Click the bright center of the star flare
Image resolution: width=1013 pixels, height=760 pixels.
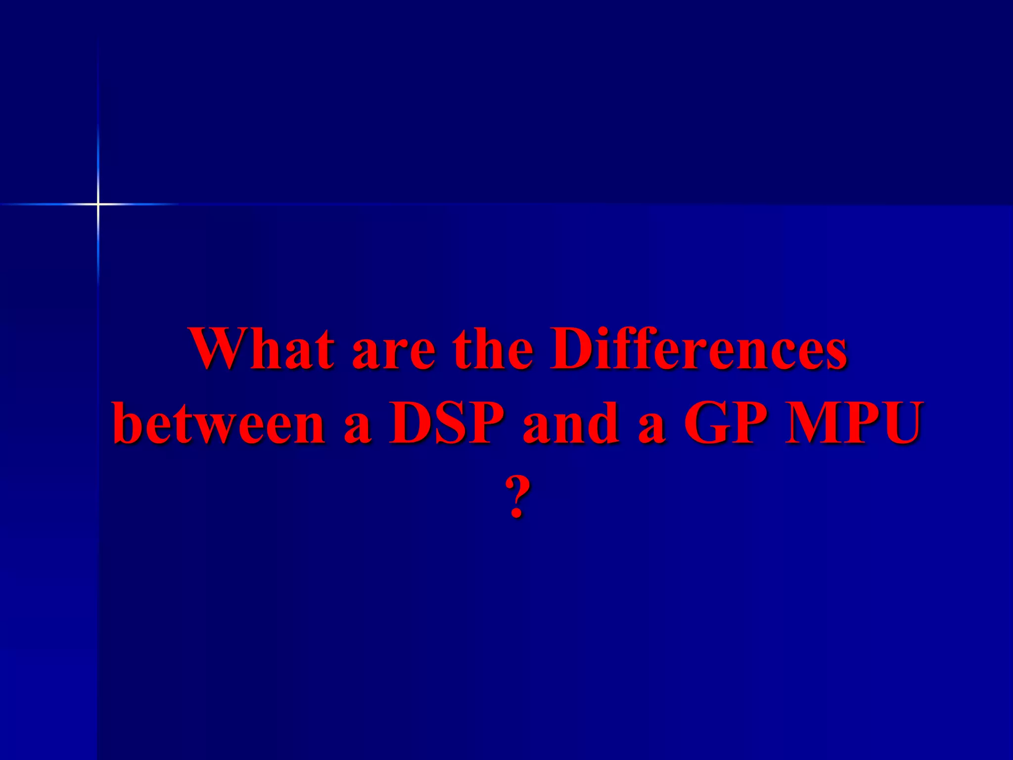pos(98,203)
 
